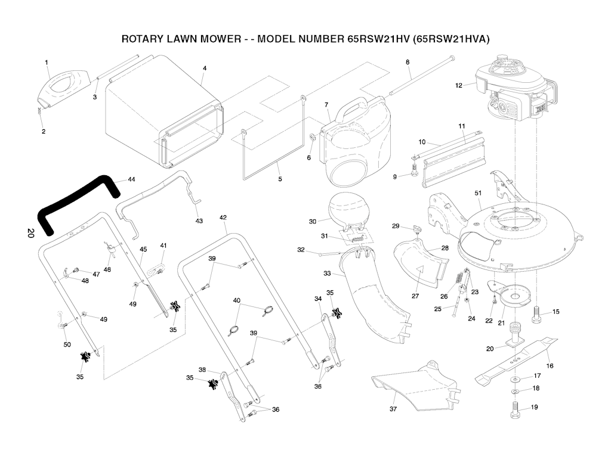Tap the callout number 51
point(477,193)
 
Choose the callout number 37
point(393,409)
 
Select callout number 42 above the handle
point(223,218)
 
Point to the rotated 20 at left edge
point(30,233)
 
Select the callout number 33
point(327,274)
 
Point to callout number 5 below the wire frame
point(280,179)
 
